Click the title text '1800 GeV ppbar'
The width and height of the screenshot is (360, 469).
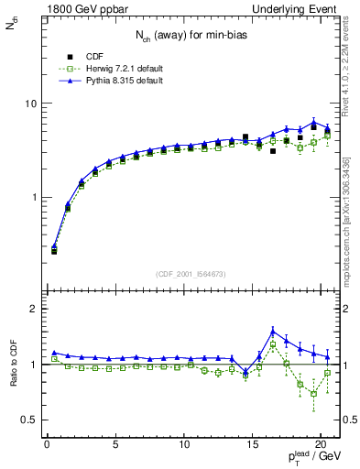78,9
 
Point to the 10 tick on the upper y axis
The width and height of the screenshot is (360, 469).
30,103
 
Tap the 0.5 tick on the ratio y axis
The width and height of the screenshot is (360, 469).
28,420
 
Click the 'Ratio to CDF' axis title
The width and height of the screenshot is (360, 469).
13,365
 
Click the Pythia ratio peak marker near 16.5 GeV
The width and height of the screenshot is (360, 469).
273,332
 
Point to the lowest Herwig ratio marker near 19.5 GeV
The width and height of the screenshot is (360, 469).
314,394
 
